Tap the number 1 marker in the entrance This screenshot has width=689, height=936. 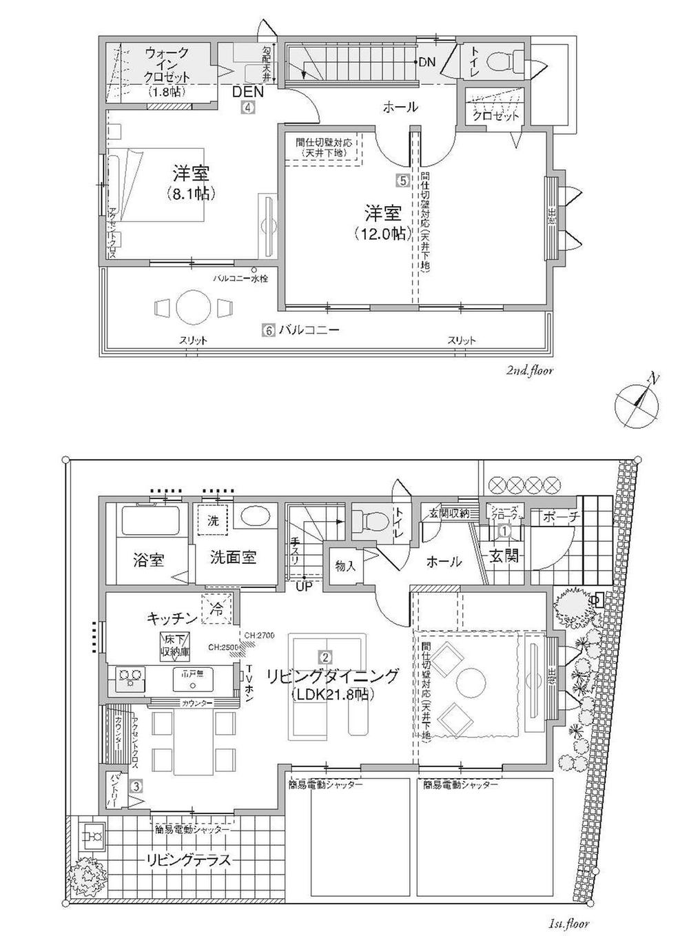tap(504, 531)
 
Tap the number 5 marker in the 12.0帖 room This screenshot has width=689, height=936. tap(403, 181)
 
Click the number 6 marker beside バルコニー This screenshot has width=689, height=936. tap(267, 330)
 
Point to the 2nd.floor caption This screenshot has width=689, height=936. tap(529, 371)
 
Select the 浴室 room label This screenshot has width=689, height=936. tap(148, 559)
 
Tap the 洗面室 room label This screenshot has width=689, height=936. tap(234, 557)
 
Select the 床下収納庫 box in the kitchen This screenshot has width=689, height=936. tap(176, 644)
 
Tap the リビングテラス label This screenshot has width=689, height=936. tap(187, 860)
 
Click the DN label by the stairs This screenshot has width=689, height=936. tap(427, 62)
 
